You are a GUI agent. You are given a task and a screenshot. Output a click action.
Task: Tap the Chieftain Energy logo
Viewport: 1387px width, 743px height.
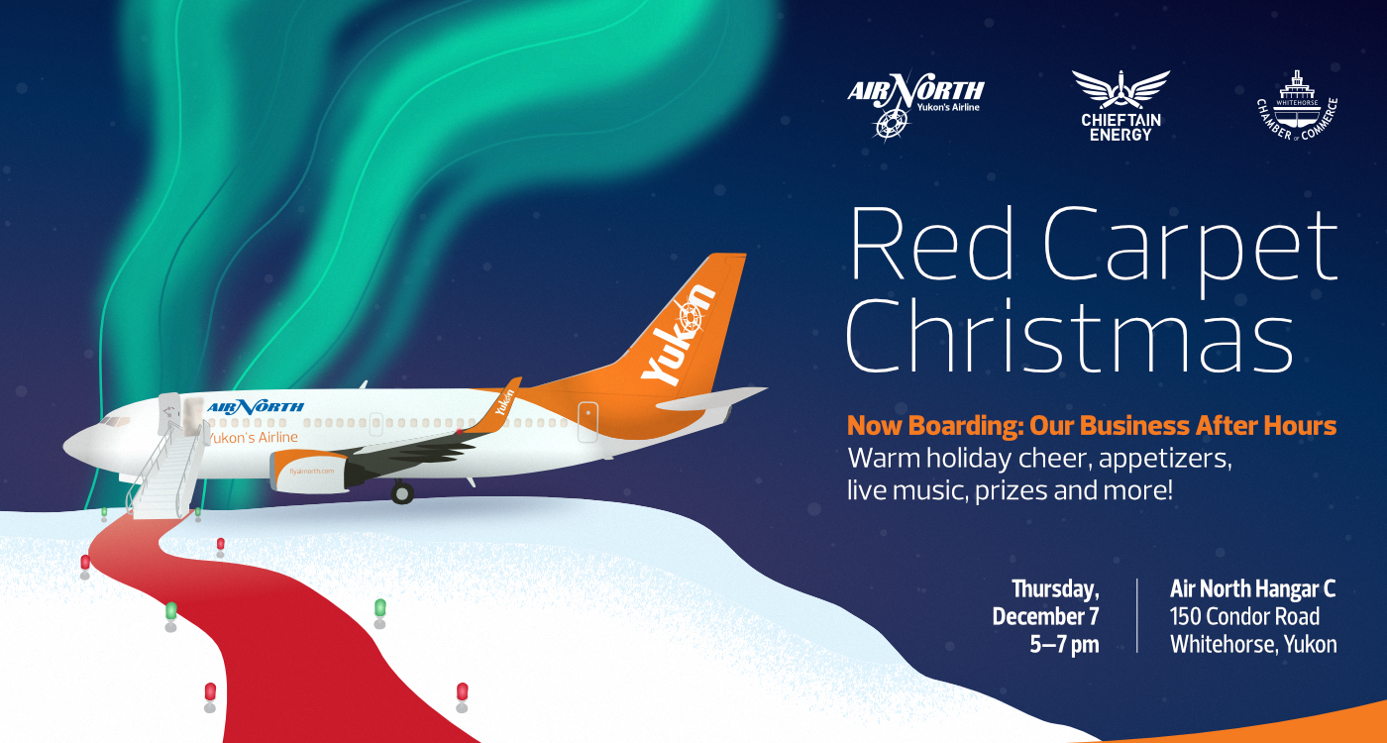1120,105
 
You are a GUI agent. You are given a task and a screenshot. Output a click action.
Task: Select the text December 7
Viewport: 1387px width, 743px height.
1045,616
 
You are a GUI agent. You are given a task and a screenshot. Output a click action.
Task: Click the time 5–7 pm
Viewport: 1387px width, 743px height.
1064,644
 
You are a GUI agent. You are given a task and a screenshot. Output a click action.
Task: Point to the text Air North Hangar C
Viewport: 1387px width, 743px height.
1252,588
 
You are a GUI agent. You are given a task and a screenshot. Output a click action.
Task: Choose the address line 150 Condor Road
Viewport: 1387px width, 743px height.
1244,616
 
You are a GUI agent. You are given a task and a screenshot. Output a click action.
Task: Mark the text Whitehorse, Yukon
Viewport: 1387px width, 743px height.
1252,644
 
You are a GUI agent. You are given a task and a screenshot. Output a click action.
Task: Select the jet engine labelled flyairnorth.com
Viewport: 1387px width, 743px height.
312,471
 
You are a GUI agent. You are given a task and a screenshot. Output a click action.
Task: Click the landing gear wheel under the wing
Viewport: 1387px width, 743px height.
401,492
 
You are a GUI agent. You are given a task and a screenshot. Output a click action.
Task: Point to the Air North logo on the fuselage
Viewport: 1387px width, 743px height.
256,406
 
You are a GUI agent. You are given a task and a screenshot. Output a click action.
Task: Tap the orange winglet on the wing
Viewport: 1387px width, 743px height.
506,398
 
